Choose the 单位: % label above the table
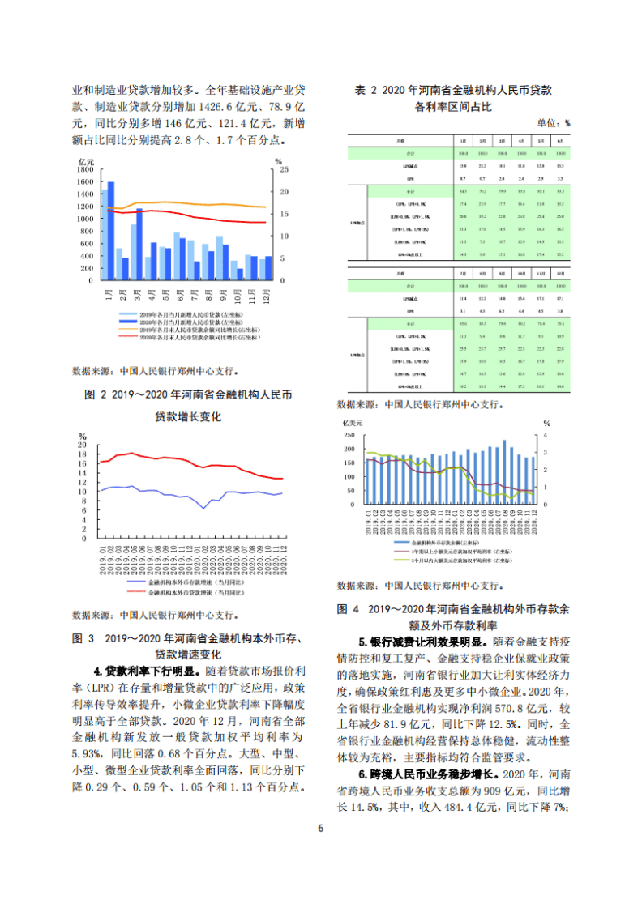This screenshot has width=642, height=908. pos(553,123)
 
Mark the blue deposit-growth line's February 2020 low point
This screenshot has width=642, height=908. pos(204,508)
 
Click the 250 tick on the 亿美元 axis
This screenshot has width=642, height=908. pos(349,435)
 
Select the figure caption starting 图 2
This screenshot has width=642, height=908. pos(188,395)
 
